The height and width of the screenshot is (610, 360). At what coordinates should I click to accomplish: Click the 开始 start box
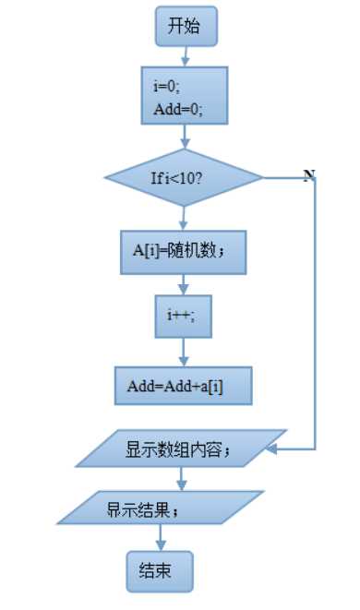coord(186,27)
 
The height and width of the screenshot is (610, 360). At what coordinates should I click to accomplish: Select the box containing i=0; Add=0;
coord(186,97)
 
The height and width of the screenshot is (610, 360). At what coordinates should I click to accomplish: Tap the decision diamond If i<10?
coord(186,177)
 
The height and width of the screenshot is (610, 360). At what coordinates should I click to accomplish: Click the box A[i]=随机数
coord(184,249)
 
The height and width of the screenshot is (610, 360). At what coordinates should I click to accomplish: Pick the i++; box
coord(184,315)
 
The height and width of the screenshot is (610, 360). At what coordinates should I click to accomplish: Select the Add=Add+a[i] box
coord(184,386)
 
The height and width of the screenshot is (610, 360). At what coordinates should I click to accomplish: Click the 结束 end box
coord(161,569)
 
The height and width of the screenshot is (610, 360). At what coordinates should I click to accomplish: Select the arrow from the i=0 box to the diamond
coord(186,137)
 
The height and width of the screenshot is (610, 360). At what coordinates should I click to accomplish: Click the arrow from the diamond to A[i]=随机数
coord(185,217)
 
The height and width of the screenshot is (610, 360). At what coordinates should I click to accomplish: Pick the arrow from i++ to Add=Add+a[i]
coord(184,353)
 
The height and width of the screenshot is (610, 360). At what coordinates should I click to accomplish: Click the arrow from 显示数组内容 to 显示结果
coord(180,479)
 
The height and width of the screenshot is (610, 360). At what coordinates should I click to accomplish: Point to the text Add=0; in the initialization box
coord(177,111)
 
